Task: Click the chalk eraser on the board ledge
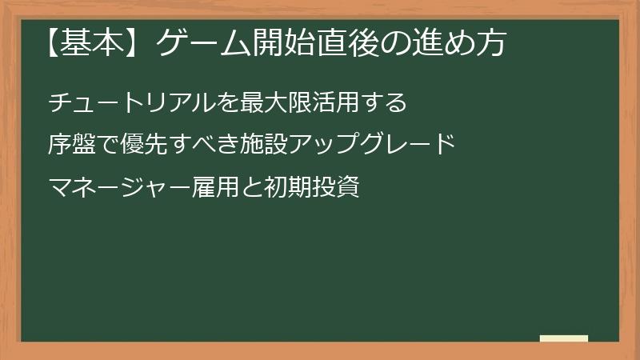(x=564, y=338)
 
